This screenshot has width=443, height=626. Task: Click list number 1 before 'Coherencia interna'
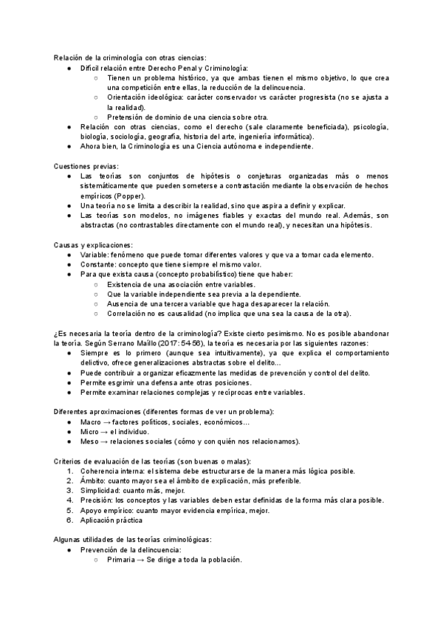pos(69,471)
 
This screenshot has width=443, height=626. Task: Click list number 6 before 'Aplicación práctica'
pos(69,520)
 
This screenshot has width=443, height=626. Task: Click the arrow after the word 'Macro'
pos(107,422)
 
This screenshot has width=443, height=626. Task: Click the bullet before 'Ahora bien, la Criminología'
pos(69,146)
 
